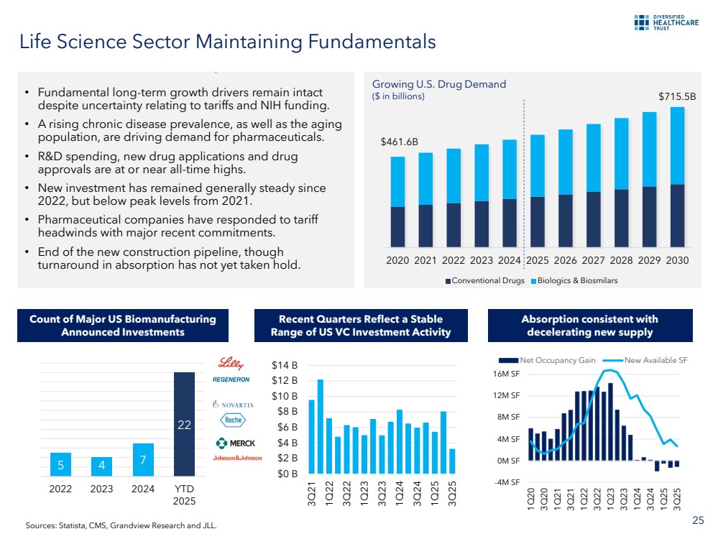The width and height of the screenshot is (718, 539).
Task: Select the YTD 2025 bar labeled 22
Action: click(x=184, y=424)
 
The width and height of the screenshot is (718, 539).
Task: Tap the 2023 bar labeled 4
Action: click(x=101, y=466)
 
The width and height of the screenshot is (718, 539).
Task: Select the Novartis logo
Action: click(x=234, y=405)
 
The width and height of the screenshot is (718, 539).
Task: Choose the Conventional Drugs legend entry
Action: click(x=485, y=280)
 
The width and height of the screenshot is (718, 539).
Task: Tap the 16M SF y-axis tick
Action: click(x=507, y=374)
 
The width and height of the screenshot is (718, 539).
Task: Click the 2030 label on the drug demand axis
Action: click(x=676, y=260)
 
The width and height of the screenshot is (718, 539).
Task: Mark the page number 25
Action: click(x=697, y=520)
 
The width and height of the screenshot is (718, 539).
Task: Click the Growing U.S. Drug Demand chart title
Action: click(x=439, y=84)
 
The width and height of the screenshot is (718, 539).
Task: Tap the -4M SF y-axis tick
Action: click(x=507, y=482)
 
